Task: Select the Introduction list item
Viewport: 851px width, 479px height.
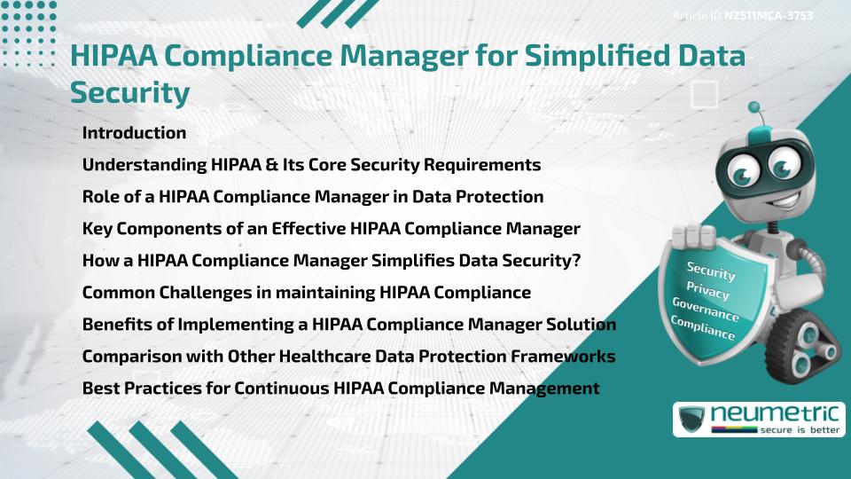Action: [134, 133]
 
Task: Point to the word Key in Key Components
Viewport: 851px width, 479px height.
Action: [98, 229]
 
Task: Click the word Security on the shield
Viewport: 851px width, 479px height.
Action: [711, 271]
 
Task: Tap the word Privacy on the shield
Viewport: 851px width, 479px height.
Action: [707, 291]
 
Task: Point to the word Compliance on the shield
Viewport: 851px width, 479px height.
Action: [702, 329]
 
